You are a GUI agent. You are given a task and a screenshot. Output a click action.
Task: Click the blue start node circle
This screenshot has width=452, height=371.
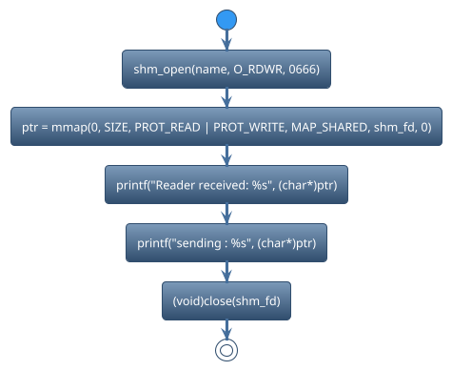click(226, 20)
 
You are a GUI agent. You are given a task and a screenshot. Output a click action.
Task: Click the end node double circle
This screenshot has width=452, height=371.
click(226, 349)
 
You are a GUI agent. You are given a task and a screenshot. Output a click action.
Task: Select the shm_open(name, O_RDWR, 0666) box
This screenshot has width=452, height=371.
click(226, 69)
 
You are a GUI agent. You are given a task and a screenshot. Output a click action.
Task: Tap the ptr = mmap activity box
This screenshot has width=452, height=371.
click(226, 127)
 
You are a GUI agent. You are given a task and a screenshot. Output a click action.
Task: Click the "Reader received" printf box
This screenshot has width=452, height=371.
click(226, 185)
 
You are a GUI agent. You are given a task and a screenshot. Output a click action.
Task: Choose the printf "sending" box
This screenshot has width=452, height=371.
click(226, 243)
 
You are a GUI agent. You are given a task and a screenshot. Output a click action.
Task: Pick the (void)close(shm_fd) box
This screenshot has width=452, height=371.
click(226, 301)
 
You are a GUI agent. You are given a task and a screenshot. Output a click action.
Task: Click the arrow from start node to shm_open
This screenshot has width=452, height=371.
click(226, 40)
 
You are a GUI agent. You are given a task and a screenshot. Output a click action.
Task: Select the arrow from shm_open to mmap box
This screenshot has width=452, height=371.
click(226, 97)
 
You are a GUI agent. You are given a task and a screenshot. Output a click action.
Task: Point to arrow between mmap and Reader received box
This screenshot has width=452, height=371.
click(226, 155)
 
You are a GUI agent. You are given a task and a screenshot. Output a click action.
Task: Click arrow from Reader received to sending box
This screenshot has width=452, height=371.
click(226, 214)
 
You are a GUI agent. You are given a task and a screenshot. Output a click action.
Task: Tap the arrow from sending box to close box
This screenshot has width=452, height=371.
click(226, 272)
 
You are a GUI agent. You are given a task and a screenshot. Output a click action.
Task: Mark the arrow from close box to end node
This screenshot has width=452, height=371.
click(226, 328)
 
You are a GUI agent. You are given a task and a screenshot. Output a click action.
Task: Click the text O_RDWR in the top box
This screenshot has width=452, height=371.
click(249, 69)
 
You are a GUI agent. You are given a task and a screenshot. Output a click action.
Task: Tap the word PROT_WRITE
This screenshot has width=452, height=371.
click(251, 127)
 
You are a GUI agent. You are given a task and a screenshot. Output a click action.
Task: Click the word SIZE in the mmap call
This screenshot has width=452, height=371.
click(121, 127)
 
